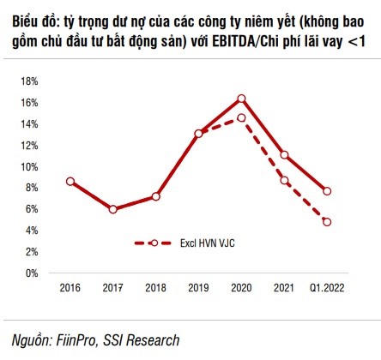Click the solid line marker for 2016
coord(70,182)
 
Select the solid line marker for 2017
coord(112,209)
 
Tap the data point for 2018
coord(155,196)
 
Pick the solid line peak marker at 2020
coord(241,99)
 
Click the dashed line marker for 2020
coord(241,118)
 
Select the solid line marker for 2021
coord(284,155)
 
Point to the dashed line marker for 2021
coord(284,180)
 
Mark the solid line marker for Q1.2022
coord(327,191)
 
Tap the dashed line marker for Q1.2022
coord(327,222)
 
